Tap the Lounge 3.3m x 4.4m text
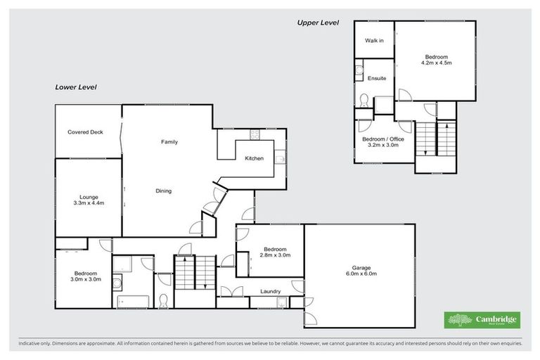[89, 200]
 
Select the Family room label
[169, 142]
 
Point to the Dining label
[163, 191]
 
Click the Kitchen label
[254, 158]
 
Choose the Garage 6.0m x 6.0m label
[360, 271]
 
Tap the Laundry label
[271, 291]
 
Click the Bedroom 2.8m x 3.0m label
[274, 252]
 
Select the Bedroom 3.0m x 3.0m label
[86, 276]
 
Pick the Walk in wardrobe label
[374, 41]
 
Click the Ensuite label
[376, 78]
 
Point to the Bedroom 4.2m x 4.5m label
[436, 60]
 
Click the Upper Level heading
[318, 23]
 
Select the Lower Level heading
[76, 87]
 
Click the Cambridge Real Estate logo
[482, 320]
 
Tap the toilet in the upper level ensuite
[363, 101]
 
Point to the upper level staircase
[436, 139]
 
